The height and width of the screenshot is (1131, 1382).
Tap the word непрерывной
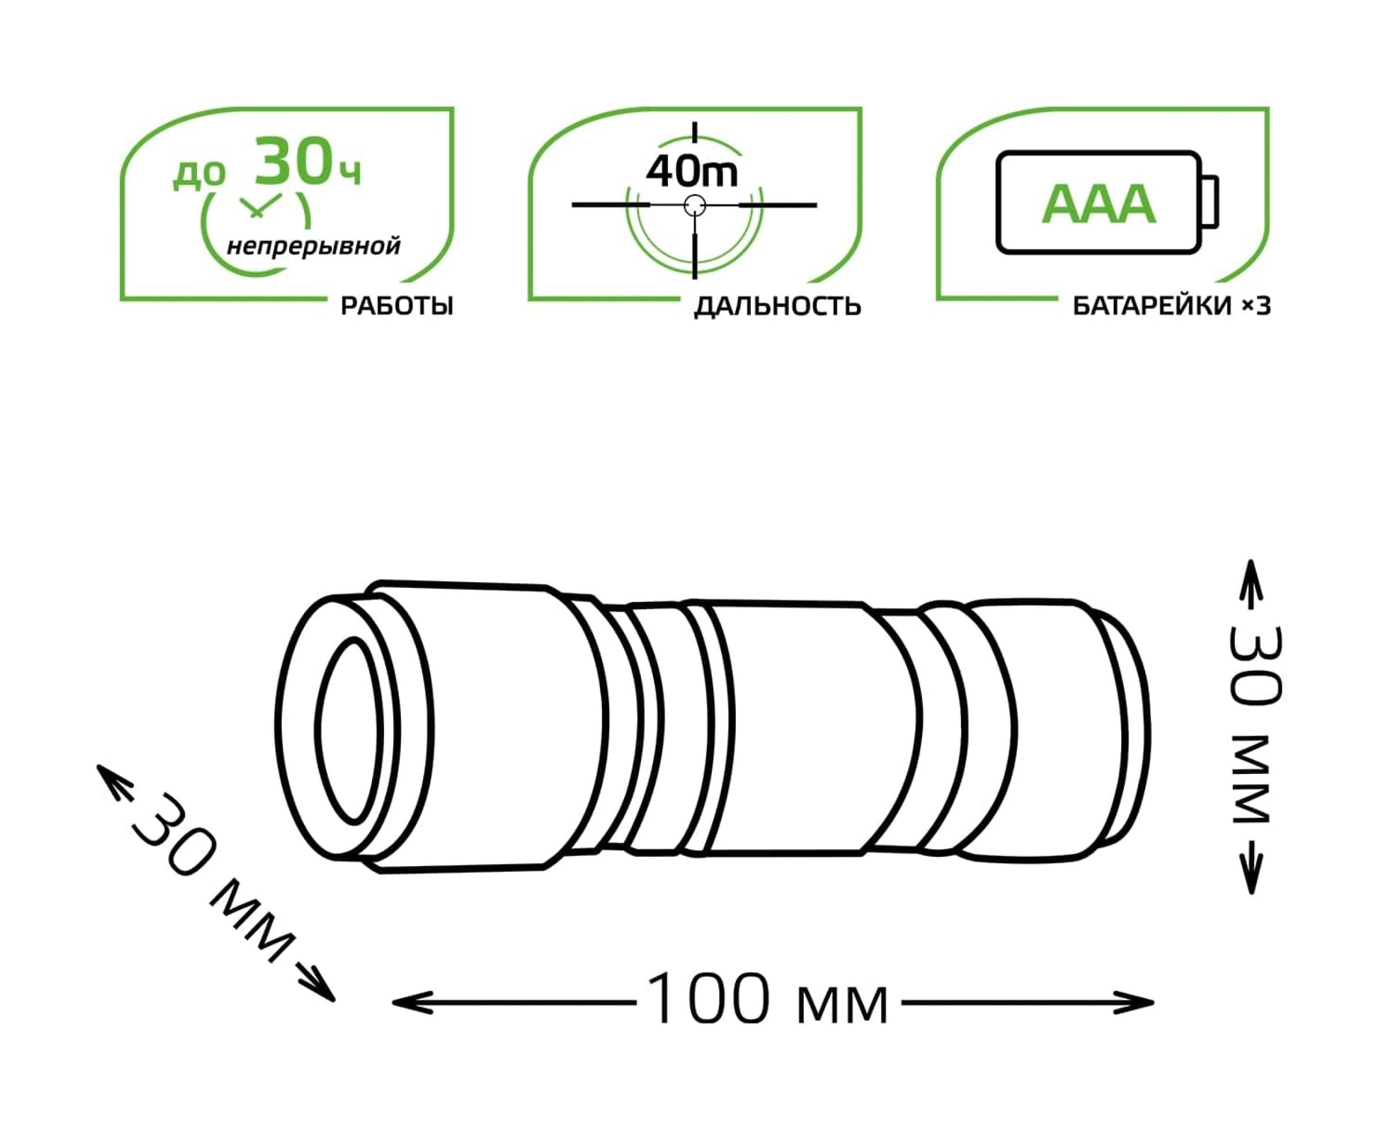click(x=313, y=246)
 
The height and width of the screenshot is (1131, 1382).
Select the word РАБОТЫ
click(x=396, y=306)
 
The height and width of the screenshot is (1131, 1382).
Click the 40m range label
click(x=692, y=172)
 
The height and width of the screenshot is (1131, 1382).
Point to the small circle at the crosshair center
click(x=695, y=205)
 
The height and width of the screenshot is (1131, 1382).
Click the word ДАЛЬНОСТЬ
click(x=777, y=306)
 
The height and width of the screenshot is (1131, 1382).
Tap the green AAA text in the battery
click(x=1099, y=204)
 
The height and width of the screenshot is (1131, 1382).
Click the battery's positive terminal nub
click(x=1210, y=202)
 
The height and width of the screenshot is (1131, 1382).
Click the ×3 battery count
click(x=1255, y=306)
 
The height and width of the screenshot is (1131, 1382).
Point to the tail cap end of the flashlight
click(x=1124, y=723)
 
